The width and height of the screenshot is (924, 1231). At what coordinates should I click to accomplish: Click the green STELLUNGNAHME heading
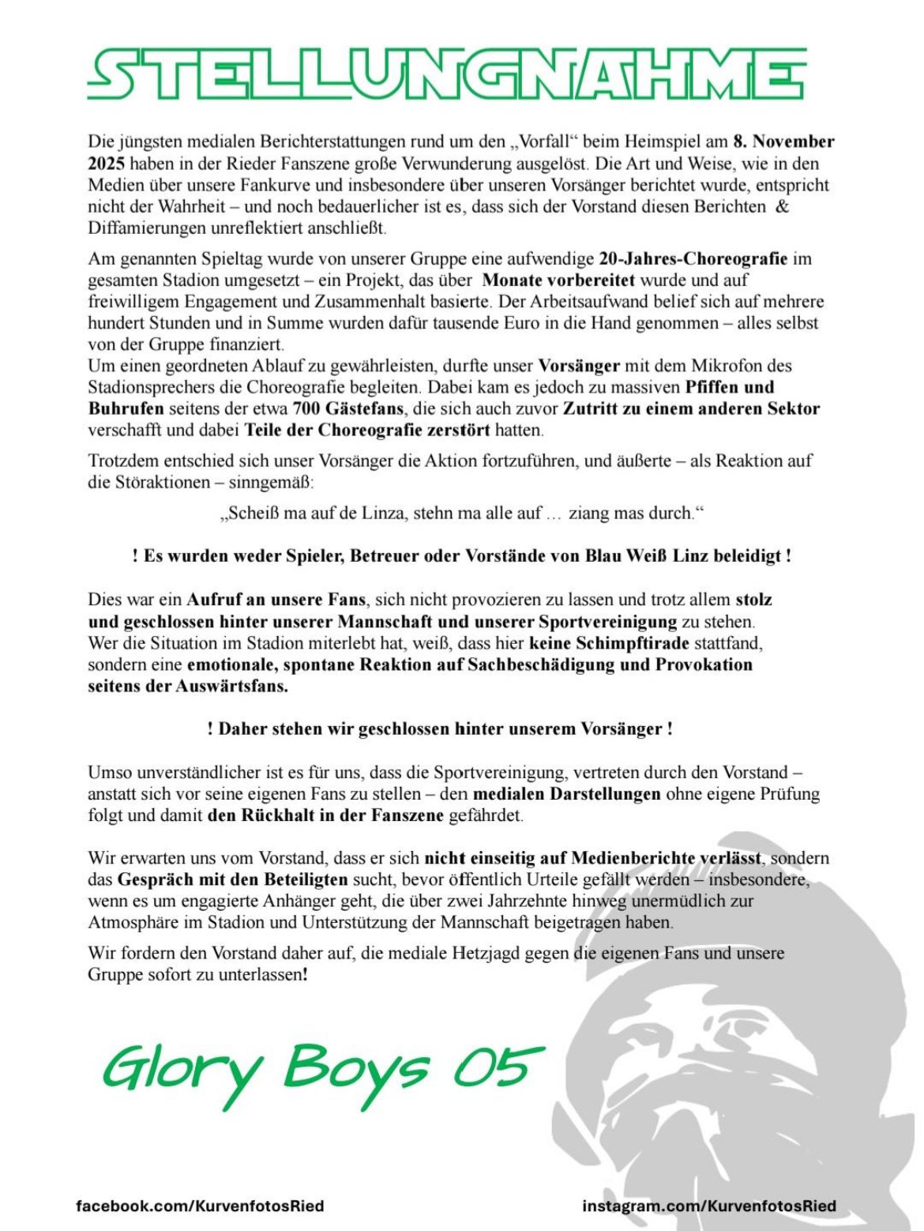(x=447, y=74)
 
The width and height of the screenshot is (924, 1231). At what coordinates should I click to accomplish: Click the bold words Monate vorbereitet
(x=558, y=280)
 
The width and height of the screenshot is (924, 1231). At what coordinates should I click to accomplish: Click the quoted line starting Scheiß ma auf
(x=461, y=514)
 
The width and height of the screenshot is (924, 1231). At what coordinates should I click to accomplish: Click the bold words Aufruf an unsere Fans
(x=276, y=600)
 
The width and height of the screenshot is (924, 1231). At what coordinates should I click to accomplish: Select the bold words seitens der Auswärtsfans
(x=188, y=686)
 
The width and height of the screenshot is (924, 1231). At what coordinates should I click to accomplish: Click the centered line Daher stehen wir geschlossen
(x=440, y=728)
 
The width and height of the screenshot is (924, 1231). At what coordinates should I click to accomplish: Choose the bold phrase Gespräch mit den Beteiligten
(x=233, y=879)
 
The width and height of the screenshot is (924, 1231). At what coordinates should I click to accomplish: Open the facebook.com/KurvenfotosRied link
(x=200, y=1207)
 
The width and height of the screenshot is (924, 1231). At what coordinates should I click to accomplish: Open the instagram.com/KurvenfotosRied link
(x=709, y=1207)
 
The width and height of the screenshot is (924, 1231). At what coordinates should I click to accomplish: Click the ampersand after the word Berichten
(x=783, y=207)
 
